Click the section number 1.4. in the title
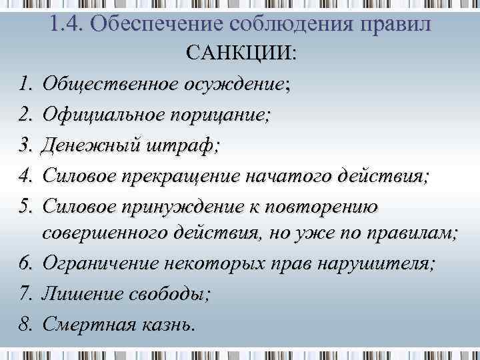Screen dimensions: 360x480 click(x=66, y=25)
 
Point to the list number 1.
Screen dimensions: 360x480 click(x=25, y=85)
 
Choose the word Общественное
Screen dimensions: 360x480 click(x=109, y=85)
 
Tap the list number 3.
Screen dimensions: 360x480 click(x=25, y=145)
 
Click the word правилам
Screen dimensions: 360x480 click(x=416, y=234)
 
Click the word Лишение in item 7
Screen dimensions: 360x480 click(x=75, y=294)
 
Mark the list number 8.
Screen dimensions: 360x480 click(x=25, y=324)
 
